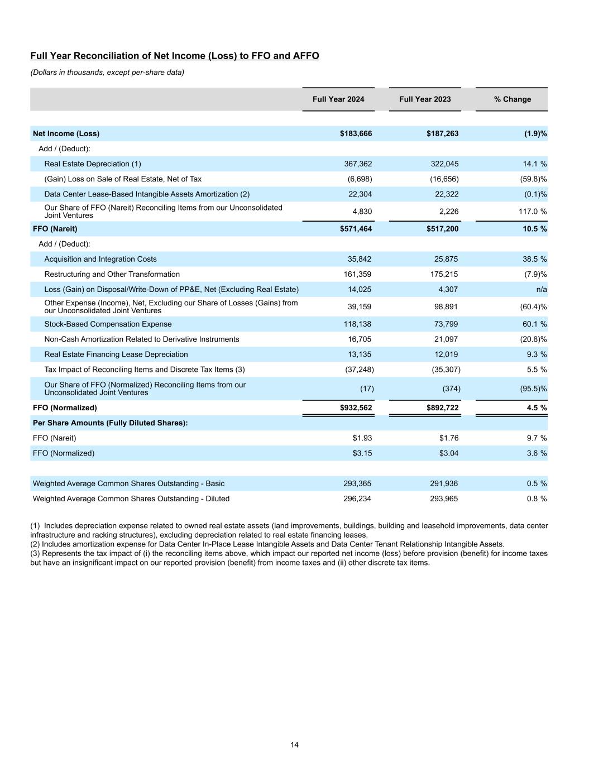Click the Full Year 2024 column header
click(x=338, y=99)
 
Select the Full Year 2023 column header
click(x=425, y=99)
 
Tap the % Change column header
click(x=512, y=99)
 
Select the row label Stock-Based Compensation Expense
click(x=108, y=324)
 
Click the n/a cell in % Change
click(x=541, y=290)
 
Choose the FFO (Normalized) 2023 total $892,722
click(x=443, y=408)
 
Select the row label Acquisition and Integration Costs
click(x=100, y=260)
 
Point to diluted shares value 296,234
click(x=357, y=499)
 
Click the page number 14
click(x=294, y=745)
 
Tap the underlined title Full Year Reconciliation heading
click(x=175, y=56)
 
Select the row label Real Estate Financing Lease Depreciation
click(x=116, y=354)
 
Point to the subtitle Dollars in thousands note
click(x=107, y=73)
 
